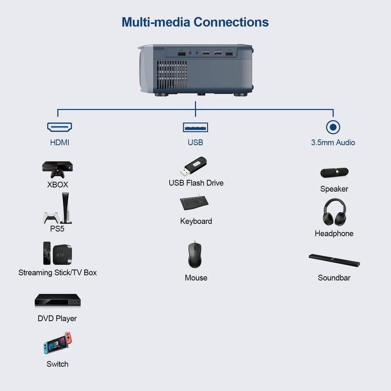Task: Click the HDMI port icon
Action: point(60,127)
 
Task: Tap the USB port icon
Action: point(195,127)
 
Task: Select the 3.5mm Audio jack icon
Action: point(333,127)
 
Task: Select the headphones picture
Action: point(334,212)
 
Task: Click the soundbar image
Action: point(334,261)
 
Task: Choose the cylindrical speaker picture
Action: point(334,173)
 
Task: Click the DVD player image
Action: point(57,300)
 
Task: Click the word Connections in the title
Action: point(231,22)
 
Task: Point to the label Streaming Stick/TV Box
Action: point(58,272)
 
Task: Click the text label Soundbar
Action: point(334,278)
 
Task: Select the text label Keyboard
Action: point(196,221)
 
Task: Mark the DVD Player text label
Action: point(57,318)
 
